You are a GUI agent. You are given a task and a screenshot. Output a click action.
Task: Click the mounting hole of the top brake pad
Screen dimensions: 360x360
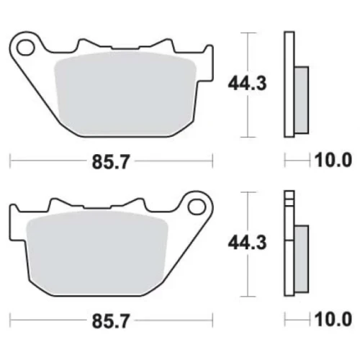pyautogui.click(x=25, y=48)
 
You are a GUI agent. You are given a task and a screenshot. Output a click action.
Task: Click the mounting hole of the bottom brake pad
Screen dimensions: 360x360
pyautogui.click(x=197, y=207)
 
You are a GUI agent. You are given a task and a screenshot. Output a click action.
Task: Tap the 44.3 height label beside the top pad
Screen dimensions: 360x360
pyautogui.click(x=247, y=84)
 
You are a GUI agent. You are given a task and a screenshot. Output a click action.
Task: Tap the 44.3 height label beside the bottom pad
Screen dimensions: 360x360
pyautogui.click(x=247, y=243)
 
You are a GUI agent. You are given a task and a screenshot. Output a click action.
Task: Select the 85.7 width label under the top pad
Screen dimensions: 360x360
pyautogui.click(x=111, y=162)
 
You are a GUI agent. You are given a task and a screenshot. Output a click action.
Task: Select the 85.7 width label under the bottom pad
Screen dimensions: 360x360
pyautogui.click(x=111, y=321)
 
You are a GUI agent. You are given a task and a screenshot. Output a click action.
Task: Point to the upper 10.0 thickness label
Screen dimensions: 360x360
pyautogui.click(x=333, y=160)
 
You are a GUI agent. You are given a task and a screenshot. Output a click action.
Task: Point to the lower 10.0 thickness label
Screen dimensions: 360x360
pyautogui.click(x=333, y=320)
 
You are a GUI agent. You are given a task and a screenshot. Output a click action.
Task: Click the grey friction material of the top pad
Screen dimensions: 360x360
pyautogui.click(x=125, y=94)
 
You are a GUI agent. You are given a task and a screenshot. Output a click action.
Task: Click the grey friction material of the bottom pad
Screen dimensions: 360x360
pyautogui.click(x=97, y=253)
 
